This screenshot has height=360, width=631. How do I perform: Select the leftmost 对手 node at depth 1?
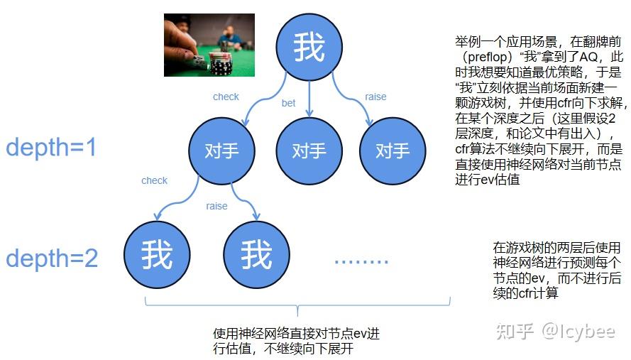click(221, 151)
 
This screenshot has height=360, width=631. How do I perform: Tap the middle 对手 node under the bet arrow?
click(309, 151)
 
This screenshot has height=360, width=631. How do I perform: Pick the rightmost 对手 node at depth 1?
click(393, 151)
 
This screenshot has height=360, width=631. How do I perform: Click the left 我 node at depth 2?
click(157, 253)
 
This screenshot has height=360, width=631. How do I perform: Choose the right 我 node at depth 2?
click(256, 253)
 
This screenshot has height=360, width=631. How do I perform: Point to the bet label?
click(288, 103)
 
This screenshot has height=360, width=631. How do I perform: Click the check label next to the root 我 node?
click(226, 97)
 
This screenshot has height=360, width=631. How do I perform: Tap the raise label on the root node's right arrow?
click(375, 97)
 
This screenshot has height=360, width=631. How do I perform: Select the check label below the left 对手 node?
click(154, 180)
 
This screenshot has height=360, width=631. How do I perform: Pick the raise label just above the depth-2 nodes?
click(216, 206)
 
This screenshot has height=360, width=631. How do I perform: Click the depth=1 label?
click(50, 148)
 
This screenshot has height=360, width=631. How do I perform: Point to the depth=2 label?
click(52, 258)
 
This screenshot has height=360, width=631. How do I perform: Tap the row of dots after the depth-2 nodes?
click(361, 260)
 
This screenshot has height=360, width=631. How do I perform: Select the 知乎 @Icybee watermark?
click(555, 332)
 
